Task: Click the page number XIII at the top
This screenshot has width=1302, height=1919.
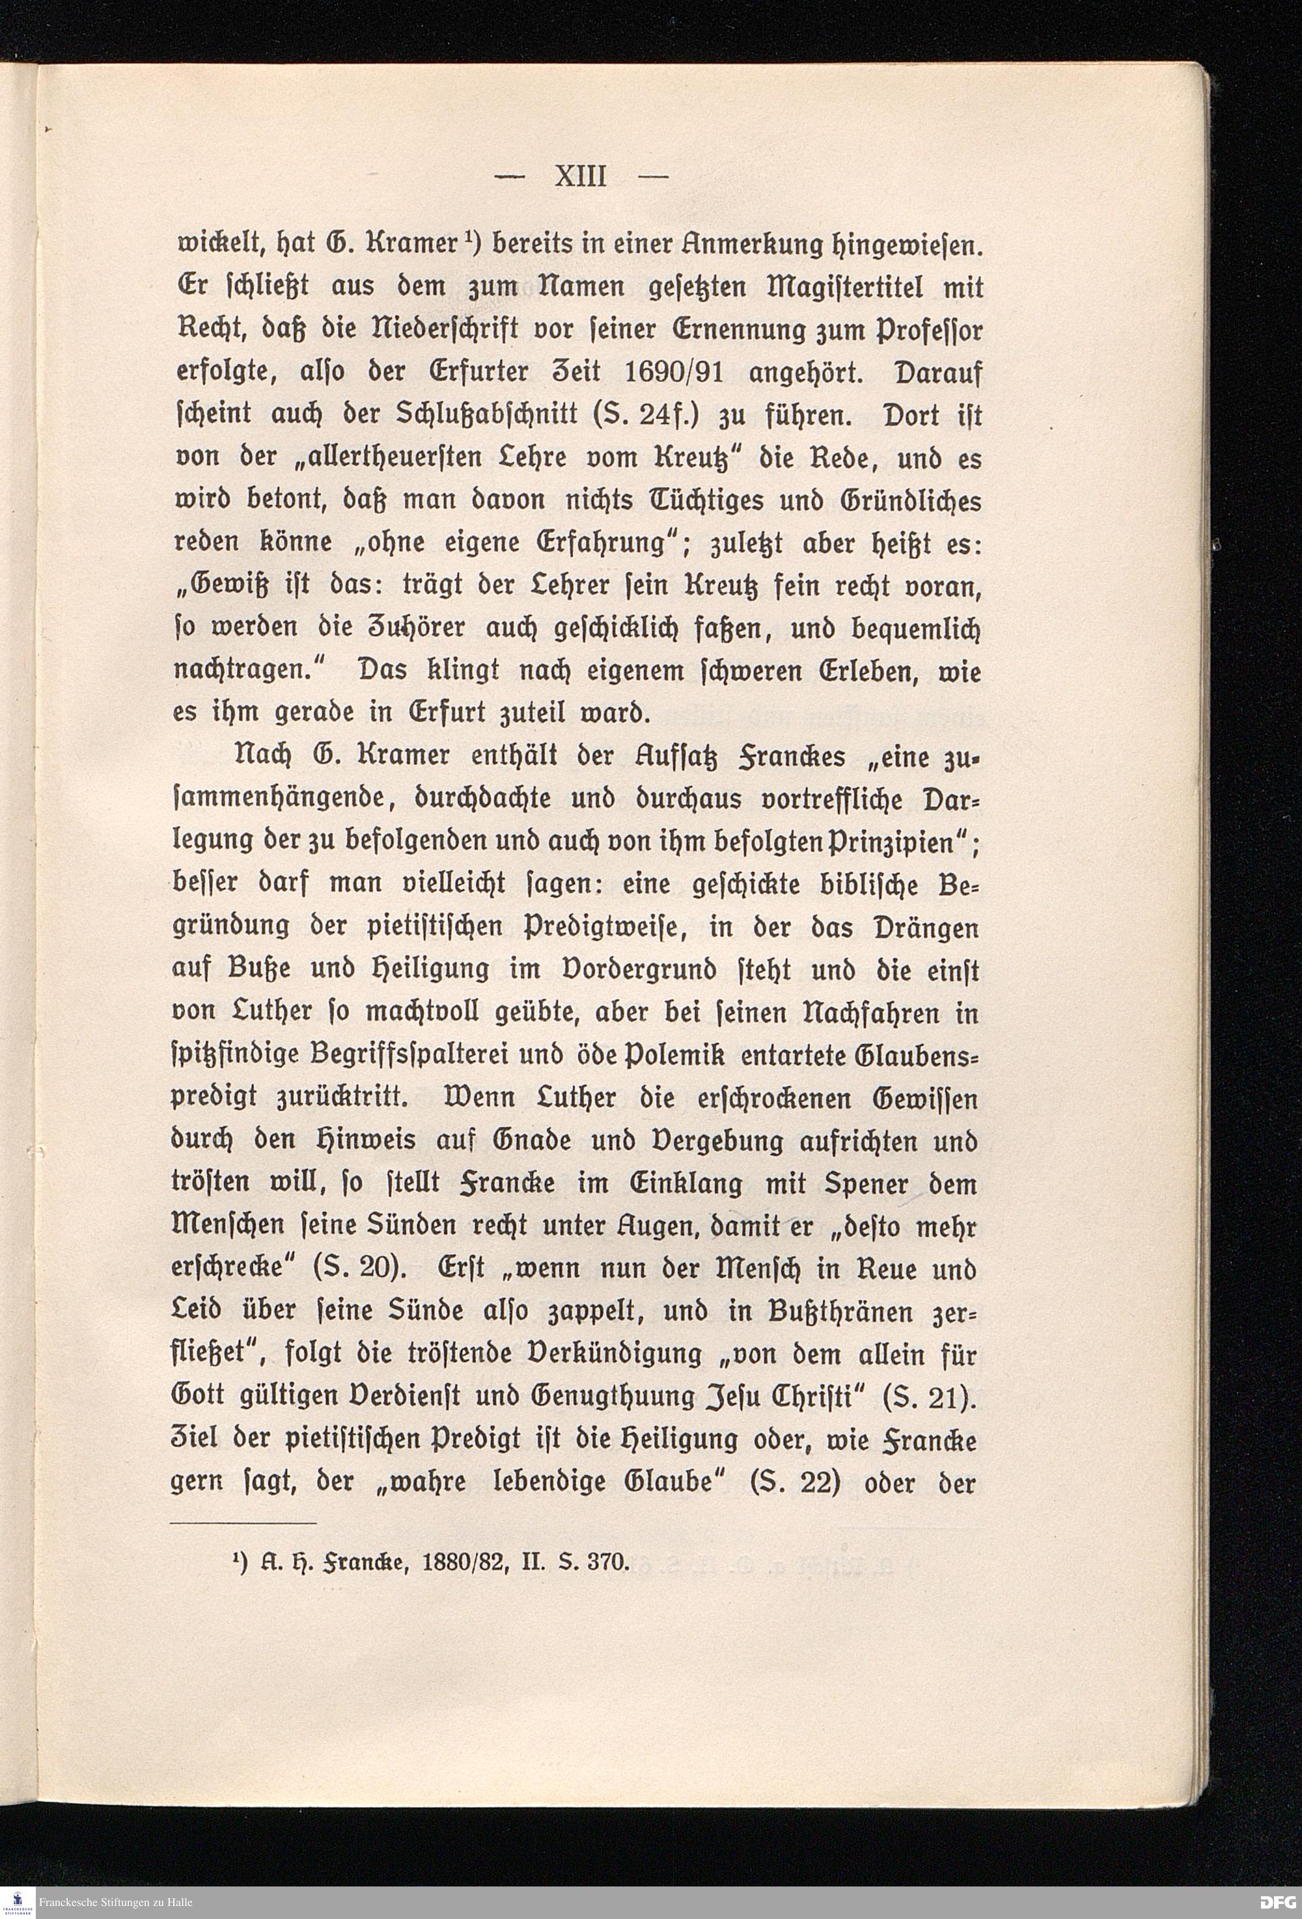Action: point(580,177)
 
